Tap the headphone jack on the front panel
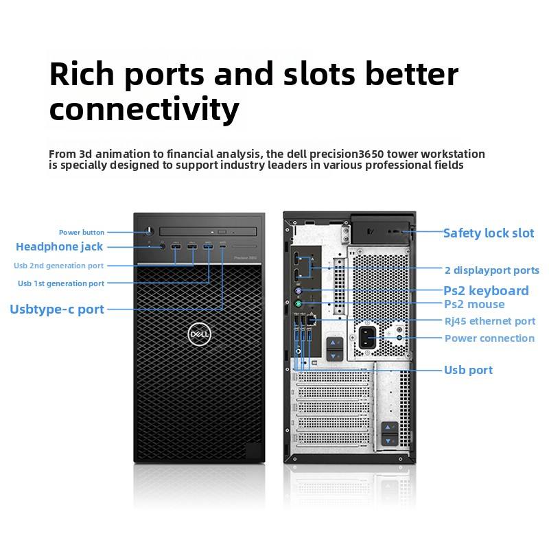pyautogui.click(x=163, y=246)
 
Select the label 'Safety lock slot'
pyautogui.click(x=488, y=233)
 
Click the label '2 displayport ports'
pyautogui.click(x=491, y=270)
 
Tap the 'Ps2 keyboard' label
pyautogui.click(x=486, y=291)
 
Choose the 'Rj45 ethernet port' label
pyautogui.click(x=489, y=321)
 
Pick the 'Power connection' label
pyautogui.click(x=489, y=338)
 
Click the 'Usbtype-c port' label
pyautogui.click(x=57, y=309)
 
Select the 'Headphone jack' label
pyautogui.click(x=59, y=247)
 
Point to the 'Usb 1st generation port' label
pyautogui.click(x=61, y=283)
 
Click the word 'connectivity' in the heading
pyautogui.click(x=144, y=109)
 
